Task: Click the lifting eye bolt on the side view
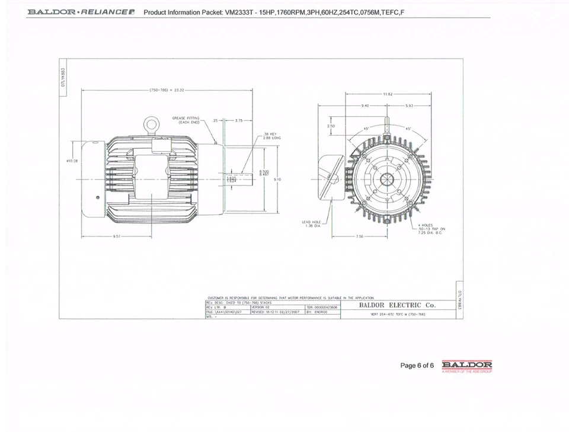pos(152,124)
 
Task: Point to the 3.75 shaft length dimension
pos(239,120)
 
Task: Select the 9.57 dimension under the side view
pos(116,236)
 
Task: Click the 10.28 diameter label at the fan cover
pos(72,161)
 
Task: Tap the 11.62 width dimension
pos(388,94)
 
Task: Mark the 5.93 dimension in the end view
pos(410,105)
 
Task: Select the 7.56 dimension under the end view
pos(359,236)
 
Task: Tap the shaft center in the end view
pos(387,178)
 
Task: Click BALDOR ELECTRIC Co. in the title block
pos(397,305)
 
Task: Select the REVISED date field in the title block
pos(276,311)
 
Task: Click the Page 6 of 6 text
pos(417,366)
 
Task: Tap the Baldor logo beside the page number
pos(467,365)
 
